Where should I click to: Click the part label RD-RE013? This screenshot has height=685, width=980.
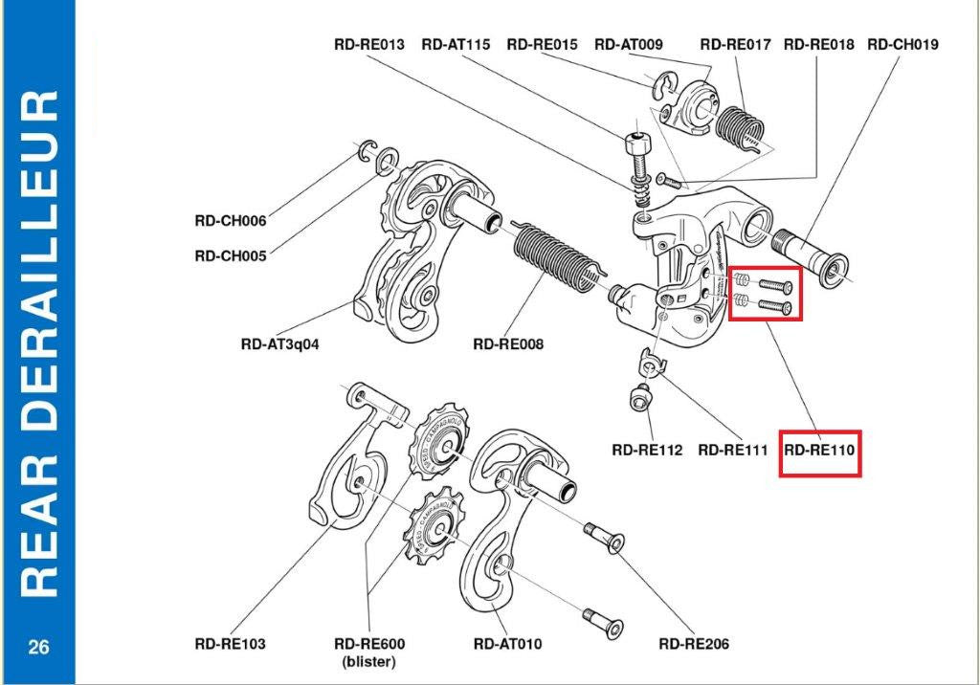click(369, 44)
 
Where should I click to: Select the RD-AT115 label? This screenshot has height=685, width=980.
click(456, 44)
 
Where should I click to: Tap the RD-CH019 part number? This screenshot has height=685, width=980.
click(902, 44)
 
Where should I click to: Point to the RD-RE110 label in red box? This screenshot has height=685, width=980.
click(820, 450)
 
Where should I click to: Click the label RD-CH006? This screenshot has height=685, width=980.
click(230, 220)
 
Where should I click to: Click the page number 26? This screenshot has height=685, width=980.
click(38, 648)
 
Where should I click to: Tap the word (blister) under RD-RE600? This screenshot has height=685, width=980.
click(369, 661)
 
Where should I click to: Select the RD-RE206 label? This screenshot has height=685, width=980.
click(694, 644)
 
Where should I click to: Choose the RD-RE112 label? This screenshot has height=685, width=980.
click(647, 450)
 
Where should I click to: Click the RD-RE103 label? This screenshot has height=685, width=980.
click(230, 644)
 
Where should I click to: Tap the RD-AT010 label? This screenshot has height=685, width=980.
click(507, 644)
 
